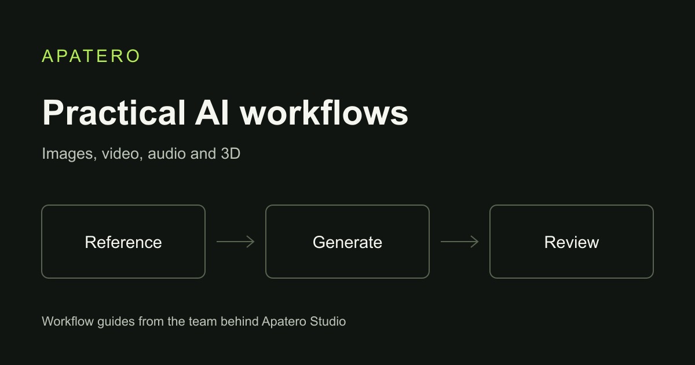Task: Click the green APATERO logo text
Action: (x=90, y=56)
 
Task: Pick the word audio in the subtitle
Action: (x=167, y=154)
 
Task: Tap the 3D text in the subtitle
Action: (x=231, y=154)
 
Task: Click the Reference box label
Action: (x=123, y=242)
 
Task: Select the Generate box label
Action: (x=348, y=242)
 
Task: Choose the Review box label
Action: (x=572, y=242)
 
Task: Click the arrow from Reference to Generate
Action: (x=236, y=242)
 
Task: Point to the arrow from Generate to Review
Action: (x=459, y=242)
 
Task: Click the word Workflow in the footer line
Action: (x=68, y=322)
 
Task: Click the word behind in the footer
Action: (x=240, y=322)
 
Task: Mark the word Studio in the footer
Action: (x=328, y=322)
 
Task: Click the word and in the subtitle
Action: (x=203, y=154)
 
